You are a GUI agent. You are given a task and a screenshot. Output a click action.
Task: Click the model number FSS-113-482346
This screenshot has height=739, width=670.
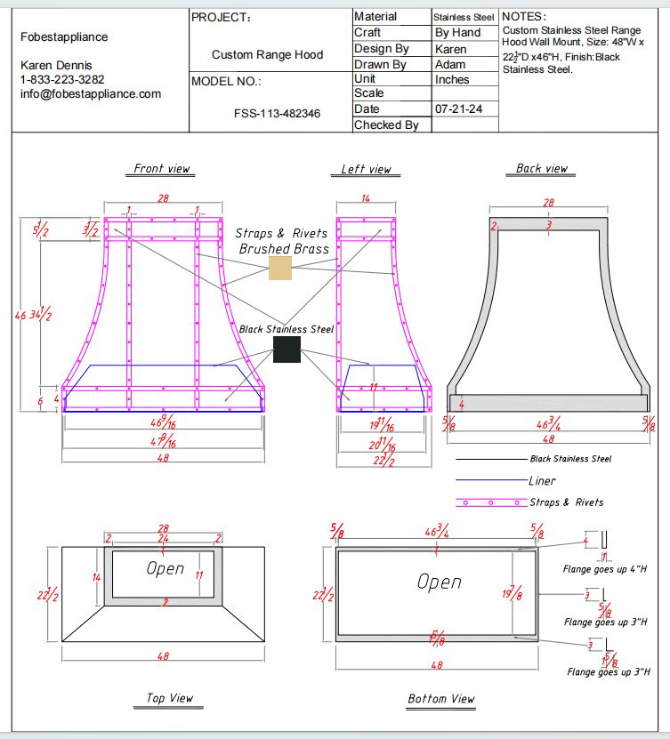(277, 114)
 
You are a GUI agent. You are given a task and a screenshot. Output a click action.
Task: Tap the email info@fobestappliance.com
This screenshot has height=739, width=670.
(91, 93)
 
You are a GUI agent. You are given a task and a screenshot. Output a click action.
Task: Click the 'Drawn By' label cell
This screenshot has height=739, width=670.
(380, 64)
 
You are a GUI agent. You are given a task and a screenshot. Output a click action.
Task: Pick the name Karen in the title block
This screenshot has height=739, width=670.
(450, 48)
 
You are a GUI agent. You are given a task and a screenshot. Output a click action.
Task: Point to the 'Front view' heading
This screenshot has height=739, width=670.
(161, 168)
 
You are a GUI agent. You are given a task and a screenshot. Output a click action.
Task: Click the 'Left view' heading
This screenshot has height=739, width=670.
(366, 169)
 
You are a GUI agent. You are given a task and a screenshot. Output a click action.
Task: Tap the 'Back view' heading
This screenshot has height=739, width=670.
(541, 168)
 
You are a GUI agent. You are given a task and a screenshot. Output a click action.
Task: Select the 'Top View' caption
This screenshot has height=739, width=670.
(169, 698)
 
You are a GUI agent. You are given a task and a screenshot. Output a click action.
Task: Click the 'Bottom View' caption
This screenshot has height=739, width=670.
(440, 699)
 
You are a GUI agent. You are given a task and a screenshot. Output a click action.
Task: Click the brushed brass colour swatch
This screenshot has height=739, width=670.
(280, 269)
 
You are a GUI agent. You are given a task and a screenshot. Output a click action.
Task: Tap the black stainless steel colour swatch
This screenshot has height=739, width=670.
(287, 349)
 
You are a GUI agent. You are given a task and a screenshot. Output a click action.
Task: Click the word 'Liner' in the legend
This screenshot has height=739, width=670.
(542, 481)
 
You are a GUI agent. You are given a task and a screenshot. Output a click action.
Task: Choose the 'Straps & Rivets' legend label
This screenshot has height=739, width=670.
(566, 502)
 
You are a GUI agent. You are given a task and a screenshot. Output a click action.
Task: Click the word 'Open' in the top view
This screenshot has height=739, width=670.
(165, 568)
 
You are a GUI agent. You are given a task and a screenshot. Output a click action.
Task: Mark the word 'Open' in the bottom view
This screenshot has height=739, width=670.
(440, 582)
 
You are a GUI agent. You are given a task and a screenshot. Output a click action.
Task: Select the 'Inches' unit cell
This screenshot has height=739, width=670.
(452, 79)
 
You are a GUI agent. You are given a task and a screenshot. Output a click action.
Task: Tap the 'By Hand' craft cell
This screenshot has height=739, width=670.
(457, 32)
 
